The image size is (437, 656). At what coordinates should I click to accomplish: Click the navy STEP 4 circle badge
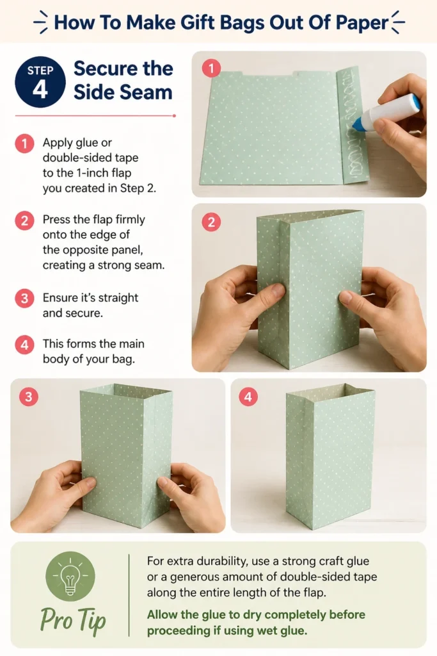click(x=40, y=82)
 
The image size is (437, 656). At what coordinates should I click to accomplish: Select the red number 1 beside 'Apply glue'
click(x=25, y=143)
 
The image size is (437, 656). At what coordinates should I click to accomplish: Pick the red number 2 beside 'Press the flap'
click(x=25, y=220)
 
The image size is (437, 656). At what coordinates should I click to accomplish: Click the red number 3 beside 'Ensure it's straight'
click(x=25, y=299)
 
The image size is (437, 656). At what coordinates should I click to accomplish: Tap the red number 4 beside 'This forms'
click(x=25, y=344)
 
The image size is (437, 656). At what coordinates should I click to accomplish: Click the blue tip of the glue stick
click(x=358, y=124)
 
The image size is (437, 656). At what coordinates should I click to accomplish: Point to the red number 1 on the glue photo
click(x=211, y=68)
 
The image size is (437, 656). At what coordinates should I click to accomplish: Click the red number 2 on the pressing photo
click(x=211, y=222)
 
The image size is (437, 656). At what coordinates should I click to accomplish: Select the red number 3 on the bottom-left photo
click(x=28, y=397)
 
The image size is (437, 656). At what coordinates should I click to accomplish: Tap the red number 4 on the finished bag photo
click(x=248, y=397)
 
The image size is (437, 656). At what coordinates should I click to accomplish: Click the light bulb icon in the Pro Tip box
click(x=70, y=576)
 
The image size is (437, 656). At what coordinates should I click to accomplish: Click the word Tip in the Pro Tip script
click(x=91, y=620)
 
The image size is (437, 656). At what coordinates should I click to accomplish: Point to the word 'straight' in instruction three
click(x=119, y=299)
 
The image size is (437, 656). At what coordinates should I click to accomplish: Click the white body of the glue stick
click(x=390, y=108)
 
